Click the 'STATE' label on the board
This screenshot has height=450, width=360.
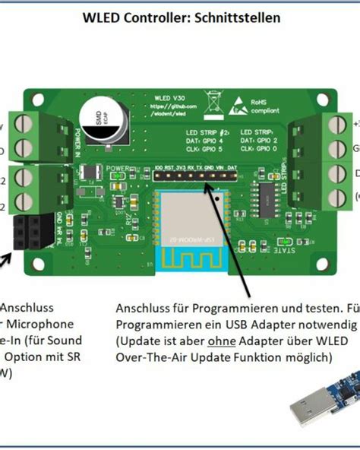[284, 249]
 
